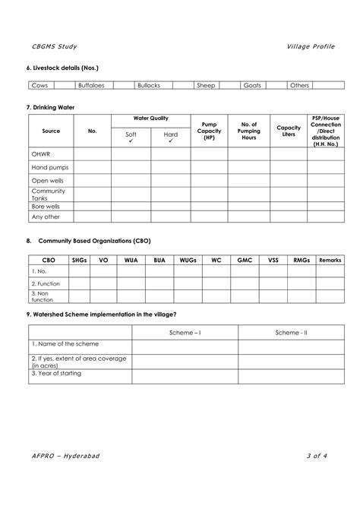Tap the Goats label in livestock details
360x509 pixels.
click(x=251, y=86)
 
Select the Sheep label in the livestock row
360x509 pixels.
click(x=206, y=86)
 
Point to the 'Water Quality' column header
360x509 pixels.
click(x=150, y=119)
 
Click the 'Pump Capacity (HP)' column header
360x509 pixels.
click(x=209, y=131)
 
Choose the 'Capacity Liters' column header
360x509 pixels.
click(x=289, y=131)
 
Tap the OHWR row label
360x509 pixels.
click(x=41, y=153)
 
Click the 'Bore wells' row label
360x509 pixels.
click(x=46, y=205)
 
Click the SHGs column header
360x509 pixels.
click(x=79, y=260)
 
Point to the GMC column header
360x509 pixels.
click(x=245, y=260)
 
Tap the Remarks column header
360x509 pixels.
click(x=330, y=260)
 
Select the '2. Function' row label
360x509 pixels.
click(x=45, y=283)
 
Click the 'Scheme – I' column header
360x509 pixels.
click(x=185, y=333)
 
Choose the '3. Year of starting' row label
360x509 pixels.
click(x=56, y=373)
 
